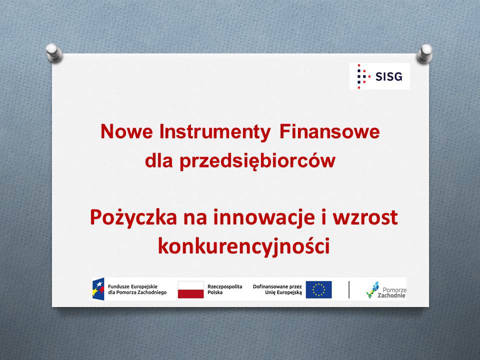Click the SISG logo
(379, 76)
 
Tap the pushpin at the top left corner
(54, 52)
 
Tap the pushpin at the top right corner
(424, 53)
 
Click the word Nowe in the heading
(126, 131)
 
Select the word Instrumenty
(215, 132)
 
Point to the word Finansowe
(329, 131)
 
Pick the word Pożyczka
(133, 218)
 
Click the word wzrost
(365, 217)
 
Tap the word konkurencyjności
(244, 246)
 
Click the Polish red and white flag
(190, 289)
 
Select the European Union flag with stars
(318, 289)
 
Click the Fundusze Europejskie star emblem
(98, 289)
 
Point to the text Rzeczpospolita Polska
(224, 289)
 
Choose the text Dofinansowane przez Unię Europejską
(277, 289)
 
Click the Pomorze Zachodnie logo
(386, 289)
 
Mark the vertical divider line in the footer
(349, 289)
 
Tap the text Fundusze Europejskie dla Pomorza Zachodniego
(137, 289)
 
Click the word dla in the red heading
(159, 160)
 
